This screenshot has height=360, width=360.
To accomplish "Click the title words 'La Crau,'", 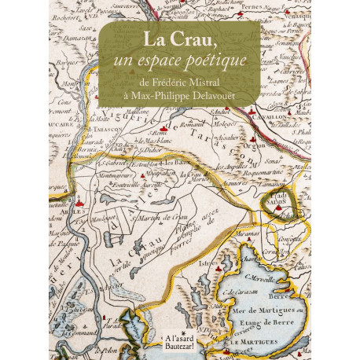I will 180,39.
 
